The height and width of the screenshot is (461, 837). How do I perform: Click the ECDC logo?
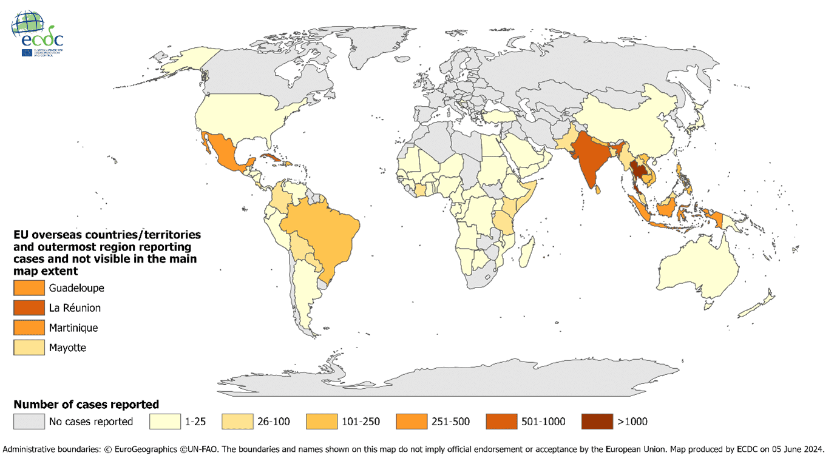[x=37, y=33]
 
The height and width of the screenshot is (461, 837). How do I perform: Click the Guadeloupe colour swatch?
[x=29, y=288]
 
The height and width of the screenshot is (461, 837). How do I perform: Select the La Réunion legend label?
[x=75, y=308]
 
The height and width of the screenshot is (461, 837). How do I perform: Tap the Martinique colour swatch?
[x=29, y=328]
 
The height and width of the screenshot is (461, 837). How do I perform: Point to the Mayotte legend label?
[x=67, y=348]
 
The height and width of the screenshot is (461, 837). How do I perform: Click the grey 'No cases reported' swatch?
[x=29, y=422]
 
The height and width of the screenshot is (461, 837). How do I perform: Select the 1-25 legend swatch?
[x=165, y=422]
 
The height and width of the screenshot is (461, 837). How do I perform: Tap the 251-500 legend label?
[x=450, y=422]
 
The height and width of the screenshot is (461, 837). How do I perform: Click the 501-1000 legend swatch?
[x=502, y=422]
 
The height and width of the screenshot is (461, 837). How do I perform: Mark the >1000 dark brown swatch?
[x=597, y=422]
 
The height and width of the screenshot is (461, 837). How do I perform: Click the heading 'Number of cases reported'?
[x=86, y=404]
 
